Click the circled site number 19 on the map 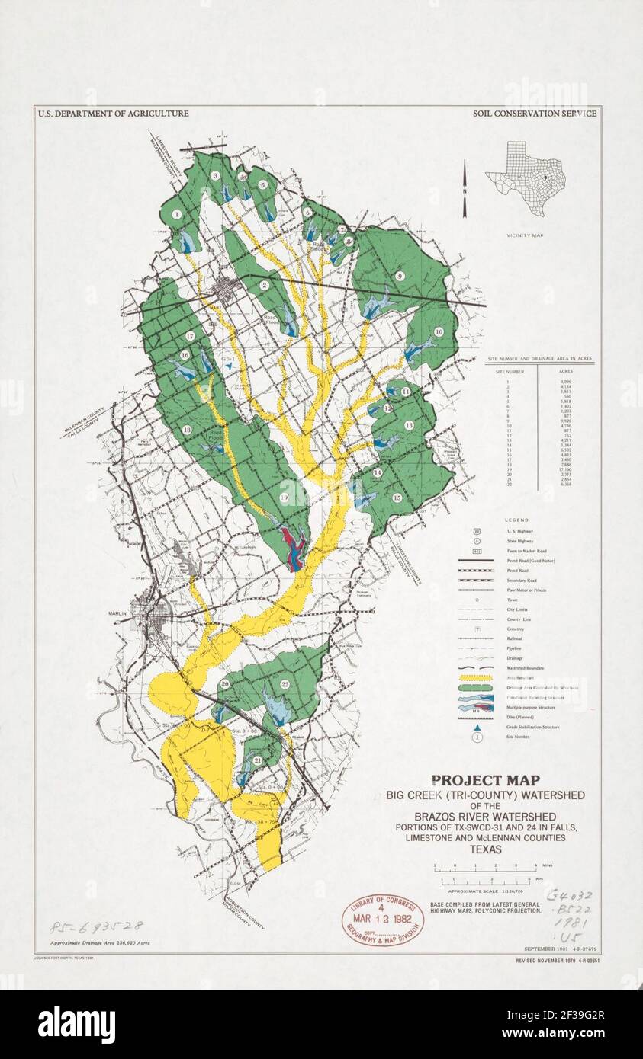pos(283,498)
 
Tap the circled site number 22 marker pos(285,683)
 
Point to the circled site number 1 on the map pos(177,215)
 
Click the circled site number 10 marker pos(439,331)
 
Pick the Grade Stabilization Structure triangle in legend pos(476,727)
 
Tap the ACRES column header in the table pos(566,371)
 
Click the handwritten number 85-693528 pos(95,927)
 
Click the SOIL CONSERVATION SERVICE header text pos(535,114)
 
